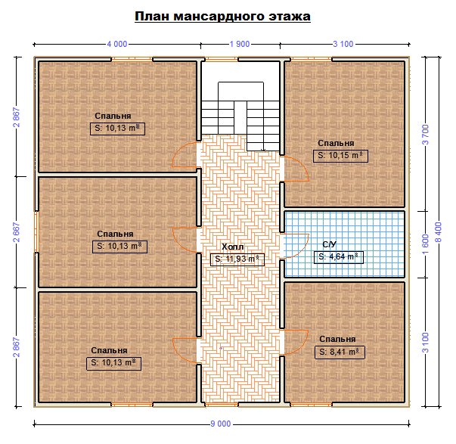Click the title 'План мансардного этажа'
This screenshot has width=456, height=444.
click(222, 17)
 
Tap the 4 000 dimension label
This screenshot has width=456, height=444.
click(117, 44)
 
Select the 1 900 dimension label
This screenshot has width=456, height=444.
click(240, 44)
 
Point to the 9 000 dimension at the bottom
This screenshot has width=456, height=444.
click(221, 424)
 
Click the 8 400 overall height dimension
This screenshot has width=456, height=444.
click(439, 232)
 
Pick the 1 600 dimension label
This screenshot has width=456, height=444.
click(426, 244)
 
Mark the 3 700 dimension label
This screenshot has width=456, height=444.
click(426, 135)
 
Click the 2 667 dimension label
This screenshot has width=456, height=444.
click(17, 232)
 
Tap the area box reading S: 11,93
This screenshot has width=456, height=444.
click(237, 259)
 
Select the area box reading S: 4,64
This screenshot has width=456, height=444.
click(339, 257)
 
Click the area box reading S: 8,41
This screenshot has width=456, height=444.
click(340, 352)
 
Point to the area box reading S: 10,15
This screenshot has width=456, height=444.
click(340, 156)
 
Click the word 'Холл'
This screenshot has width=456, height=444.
click(233, 247)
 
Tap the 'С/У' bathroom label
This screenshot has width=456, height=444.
click(329, 244)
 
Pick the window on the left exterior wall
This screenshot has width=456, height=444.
click(36, 231)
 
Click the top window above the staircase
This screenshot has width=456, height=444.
click(222, 59)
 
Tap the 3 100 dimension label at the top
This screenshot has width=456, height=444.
click(343, 44)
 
